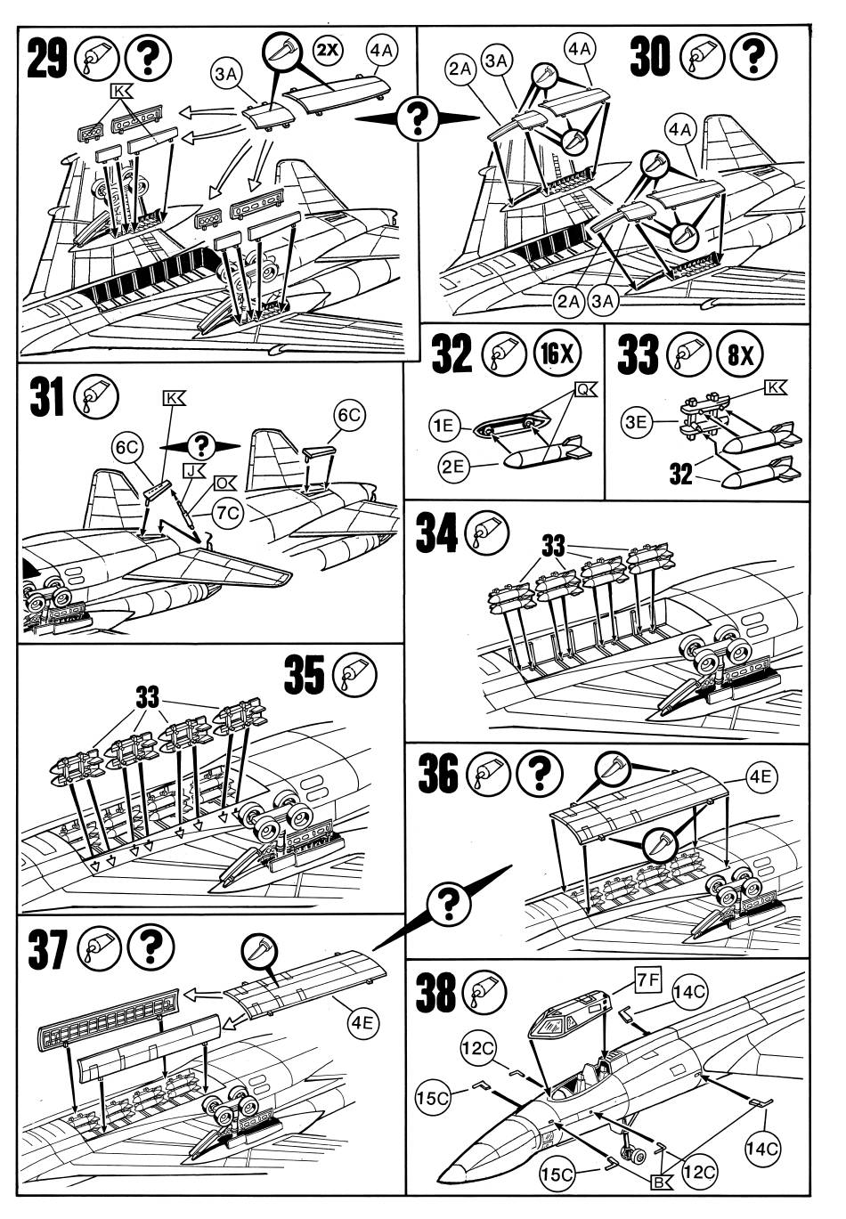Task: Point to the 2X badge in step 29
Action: (x=327, y=50)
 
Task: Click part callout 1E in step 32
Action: (x=445, y=426)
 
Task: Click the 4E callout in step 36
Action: (x=760, y=777)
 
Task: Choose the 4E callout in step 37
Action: (x=362, y=1022)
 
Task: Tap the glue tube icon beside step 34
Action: (x=487, y=534)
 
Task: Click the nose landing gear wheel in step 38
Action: (x=637, y=1156)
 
